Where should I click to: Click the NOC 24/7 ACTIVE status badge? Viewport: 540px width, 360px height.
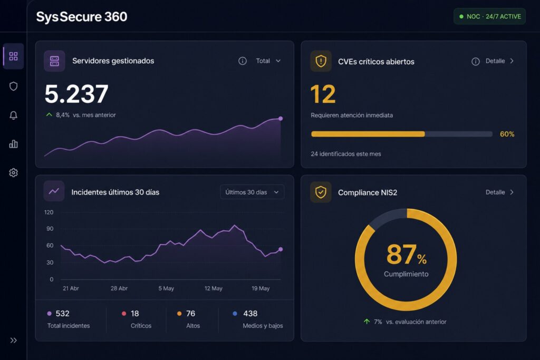(489, 16)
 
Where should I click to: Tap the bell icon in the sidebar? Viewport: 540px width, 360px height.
(13, 115)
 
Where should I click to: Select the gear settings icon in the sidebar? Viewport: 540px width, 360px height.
(13, 172)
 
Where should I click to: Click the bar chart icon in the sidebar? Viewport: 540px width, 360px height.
(13, 144)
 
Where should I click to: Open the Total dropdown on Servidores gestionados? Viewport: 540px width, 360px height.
(268, 61)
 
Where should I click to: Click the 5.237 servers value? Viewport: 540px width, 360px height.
(76, 94)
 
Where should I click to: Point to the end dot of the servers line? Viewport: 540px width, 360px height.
(281, 119)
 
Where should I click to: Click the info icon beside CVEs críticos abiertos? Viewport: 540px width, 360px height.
(475, 61)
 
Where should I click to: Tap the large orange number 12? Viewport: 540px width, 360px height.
(323, 94)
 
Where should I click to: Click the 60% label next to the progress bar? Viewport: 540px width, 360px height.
(507, 134)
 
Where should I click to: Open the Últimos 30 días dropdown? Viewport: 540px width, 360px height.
(252, 192)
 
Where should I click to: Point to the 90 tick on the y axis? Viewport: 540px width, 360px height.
(50, 229)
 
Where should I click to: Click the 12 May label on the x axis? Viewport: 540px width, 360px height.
(213, 288)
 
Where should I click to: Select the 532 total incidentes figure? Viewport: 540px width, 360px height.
(62, 314)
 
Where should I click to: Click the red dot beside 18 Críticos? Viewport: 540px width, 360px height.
(124, 314)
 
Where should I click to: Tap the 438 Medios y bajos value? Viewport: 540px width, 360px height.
(250, 314)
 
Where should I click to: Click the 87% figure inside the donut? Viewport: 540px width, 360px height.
(407, 255)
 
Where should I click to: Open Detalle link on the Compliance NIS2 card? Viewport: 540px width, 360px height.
(499, 192)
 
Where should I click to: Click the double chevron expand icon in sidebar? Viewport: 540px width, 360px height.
(13, 340)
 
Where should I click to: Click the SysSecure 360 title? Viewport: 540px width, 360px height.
(82, 17)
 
